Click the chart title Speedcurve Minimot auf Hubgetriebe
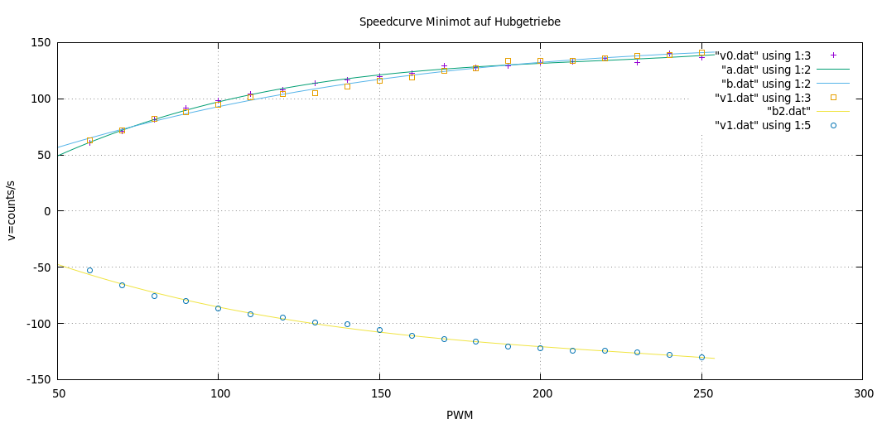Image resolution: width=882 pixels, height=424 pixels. tap(460, 21)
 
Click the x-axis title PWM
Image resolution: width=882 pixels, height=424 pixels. tap(460, 414)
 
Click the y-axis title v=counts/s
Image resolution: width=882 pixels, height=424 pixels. tap(12, 211)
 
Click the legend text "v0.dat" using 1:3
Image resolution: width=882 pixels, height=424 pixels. tap(762, 55)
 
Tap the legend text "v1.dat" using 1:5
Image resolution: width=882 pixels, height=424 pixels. tap(762, 126)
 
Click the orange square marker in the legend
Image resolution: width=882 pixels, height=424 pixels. tap(834, 98)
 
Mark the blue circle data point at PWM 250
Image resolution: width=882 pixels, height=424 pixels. tap(701, 357)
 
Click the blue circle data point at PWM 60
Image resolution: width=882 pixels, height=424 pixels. tap(89, 270)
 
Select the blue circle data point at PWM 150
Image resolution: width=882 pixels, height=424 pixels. tap(379, 330)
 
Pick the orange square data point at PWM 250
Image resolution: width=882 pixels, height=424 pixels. tap(701, 53)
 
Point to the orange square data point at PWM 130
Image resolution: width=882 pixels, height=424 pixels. tap(315, 93)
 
